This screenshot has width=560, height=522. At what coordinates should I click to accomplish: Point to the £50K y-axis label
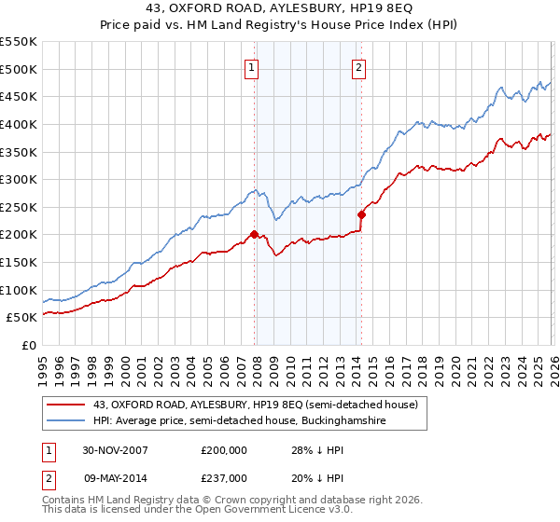(21, 318)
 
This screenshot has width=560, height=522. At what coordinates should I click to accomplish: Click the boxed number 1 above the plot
(253, 66)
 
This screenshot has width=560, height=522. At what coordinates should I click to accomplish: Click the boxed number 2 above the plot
(359, 66)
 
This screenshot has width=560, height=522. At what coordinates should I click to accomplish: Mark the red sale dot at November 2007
(254, 235)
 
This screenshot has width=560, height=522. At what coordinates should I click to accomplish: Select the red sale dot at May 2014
(361, 214)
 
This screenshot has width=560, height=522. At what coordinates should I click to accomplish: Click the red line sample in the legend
(66, 404)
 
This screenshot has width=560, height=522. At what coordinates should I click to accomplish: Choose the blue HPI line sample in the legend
(66, 420)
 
